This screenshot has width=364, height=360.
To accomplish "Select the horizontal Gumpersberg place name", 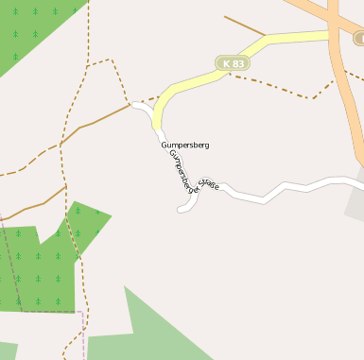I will click(x=184, y=145).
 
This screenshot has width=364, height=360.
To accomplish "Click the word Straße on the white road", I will click(x=209, y=186).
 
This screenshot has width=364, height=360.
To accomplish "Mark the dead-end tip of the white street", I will click(x=180, y=209).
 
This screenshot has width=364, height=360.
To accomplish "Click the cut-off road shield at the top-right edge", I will click(x=359, y=39).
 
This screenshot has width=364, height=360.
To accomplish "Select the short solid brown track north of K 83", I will click(x=244, y=26).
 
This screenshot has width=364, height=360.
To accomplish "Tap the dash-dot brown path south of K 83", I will click(x=284, y=90).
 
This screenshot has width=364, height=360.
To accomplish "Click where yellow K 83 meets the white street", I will click(x=154, y=108).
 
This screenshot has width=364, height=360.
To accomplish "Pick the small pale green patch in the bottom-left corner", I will click(x=8, y=351).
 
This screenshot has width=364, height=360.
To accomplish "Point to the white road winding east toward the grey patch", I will click(x=284, y=189).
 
